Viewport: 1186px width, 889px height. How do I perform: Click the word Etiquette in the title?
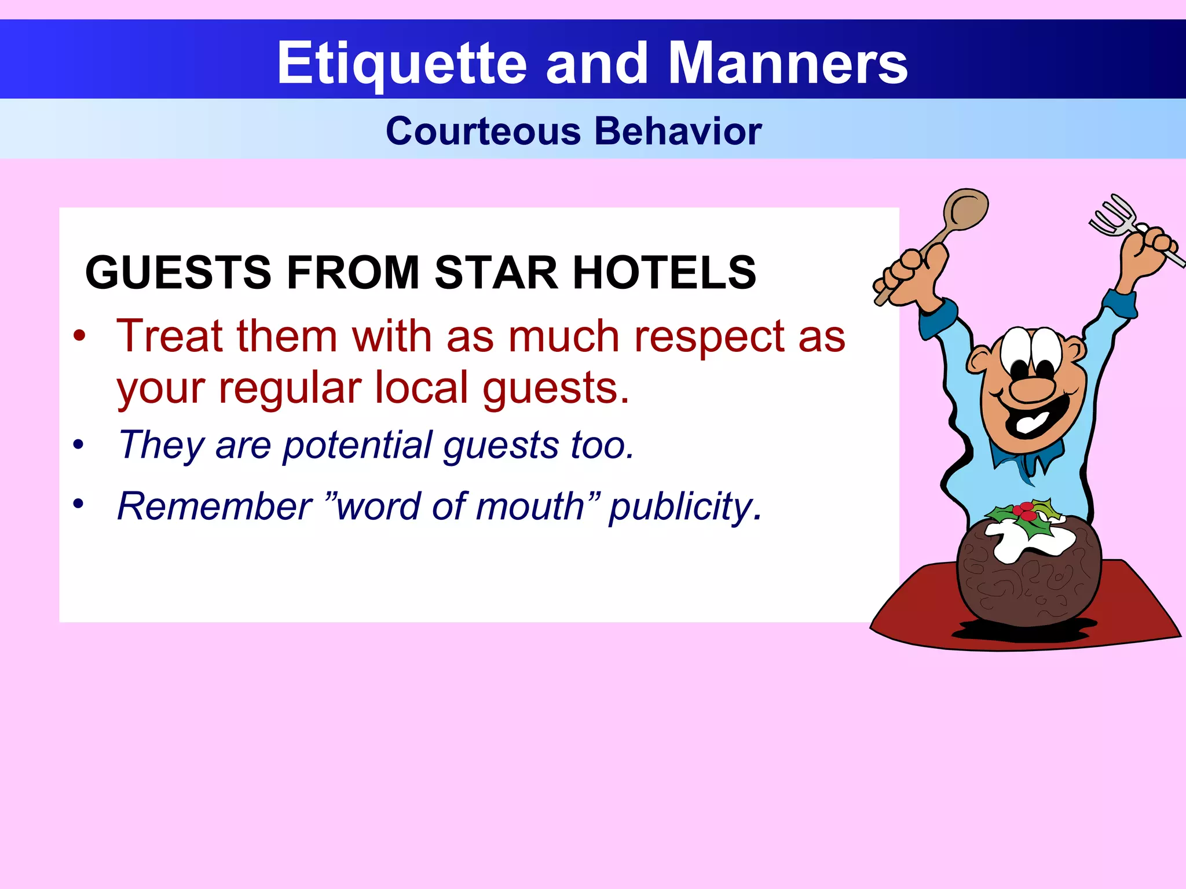(x=402, y=64)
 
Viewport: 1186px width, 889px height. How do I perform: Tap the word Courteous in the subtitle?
(x=483, y=131)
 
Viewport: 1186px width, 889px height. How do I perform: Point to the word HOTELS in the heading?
(x=664, y=273)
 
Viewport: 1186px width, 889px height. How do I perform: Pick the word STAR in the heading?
(x=496, y=273)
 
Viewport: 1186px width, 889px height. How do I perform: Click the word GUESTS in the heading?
(x=178, y=273)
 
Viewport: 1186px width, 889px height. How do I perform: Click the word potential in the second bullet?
(x=357, y=446)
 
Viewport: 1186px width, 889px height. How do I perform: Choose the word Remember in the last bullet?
(x=215, y=506)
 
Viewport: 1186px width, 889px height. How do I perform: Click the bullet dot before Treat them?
(x=79, y=336)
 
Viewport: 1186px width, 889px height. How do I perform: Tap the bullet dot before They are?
(x=79, y=445)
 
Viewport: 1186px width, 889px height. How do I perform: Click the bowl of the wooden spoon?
(x=966, y=209)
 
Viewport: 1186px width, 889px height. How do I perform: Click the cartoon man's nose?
(x=1032, y=389)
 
